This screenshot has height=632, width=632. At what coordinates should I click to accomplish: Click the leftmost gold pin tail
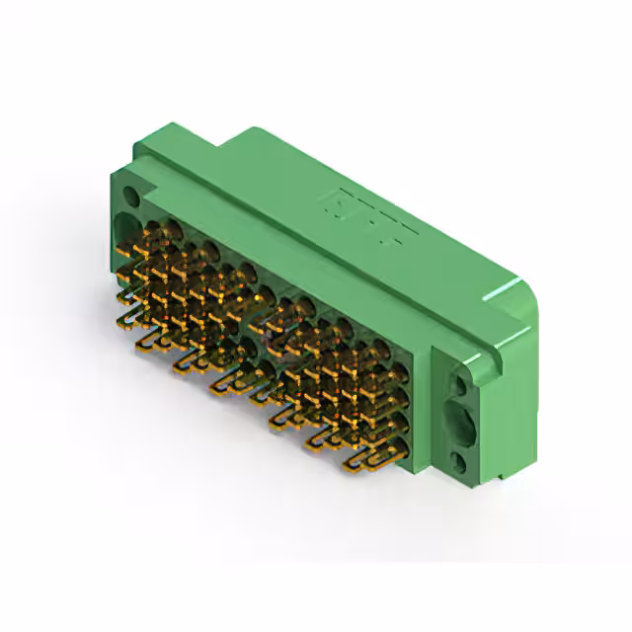(126, 318)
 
